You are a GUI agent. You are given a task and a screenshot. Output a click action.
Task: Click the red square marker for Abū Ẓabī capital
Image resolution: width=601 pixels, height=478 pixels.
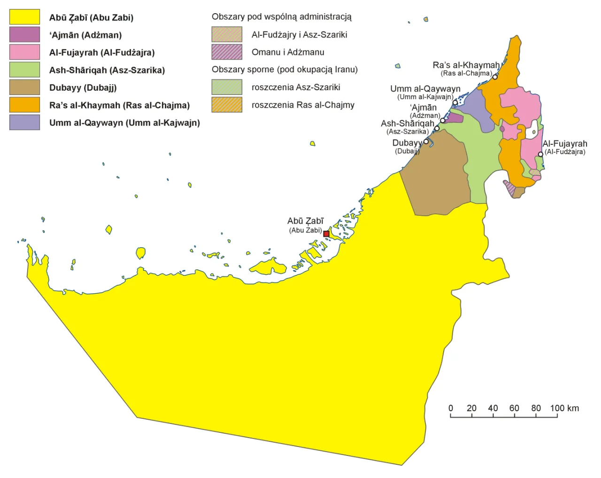point(326,234)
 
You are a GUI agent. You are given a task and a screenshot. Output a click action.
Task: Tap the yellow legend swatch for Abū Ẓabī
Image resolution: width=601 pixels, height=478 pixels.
point(24,17)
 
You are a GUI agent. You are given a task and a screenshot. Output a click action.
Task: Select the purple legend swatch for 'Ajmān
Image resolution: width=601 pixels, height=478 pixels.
point(24,35)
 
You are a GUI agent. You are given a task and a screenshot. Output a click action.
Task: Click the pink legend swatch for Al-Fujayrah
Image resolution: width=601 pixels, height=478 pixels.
point(24,52)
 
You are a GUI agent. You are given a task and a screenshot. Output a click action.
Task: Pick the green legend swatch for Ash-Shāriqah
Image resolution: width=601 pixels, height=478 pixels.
point(24,70)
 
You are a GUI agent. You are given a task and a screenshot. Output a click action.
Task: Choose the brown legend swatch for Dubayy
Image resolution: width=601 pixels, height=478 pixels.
point(24,87)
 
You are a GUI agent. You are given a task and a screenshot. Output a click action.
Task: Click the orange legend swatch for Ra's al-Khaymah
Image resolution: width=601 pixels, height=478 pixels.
point(24,105)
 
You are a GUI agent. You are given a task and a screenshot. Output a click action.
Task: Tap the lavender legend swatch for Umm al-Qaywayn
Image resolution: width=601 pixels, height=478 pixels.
point(24,122)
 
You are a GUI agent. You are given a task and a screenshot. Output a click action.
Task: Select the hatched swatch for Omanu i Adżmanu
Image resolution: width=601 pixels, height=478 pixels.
point(227,52)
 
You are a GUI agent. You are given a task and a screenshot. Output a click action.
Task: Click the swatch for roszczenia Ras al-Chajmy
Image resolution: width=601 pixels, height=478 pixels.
point(227,104)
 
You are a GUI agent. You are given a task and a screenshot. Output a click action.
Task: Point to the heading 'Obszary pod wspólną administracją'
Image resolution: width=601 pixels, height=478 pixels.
point(281,17)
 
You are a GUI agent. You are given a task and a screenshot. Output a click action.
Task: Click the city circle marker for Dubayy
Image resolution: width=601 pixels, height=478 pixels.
point(426,141)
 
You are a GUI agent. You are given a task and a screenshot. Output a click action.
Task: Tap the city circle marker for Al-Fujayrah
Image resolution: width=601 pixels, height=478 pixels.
point(540,154)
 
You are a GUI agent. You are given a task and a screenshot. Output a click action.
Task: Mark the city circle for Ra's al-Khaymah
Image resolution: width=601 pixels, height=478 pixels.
point(495,77)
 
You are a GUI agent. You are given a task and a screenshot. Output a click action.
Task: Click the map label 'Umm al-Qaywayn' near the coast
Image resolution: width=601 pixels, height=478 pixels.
point(425,89)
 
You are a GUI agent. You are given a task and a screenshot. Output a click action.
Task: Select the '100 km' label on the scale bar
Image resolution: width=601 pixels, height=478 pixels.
point(564,408)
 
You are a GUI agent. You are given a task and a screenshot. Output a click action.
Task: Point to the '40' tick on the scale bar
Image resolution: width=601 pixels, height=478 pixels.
point(493,408)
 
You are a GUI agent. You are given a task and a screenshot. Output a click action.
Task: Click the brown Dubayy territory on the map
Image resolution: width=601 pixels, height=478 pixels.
point(437,179)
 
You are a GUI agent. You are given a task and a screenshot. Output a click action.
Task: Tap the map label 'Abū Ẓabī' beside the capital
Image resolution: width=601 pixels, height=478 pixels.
point(305,221)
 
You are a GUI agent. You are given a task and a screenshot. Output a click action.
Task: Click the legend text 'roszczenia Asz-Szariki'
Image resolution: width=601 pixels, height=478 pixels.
point(295,87)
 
